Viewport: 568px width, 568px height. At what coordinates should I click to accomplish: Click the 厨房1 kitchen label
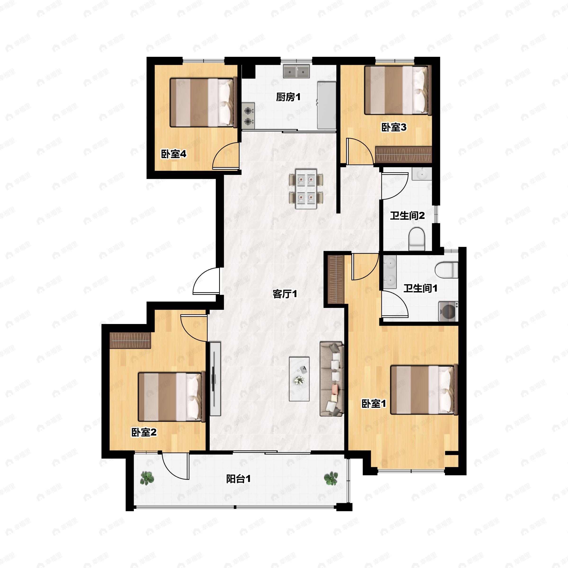pos(288,97)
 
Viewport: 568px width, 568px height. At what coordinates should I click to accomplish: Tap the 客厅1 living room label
pos(284,294)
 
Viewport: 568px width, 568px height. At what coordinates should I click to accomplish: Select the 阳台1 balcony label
pos(238,479)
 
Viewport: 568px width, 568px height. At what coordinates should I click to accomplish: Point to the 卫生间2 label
pos(408,216)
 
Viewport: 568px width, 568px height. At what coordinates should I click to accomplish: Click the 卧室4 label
pos(173,154)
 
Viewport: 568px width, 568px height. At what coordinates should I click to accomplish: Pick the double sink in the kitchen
pos(296,71)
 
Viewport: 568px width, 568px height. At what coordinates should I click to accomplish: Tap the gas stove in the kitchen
pos(248,115)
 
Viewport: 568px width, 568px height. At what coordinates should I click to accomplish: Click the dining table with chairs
pos(306,189)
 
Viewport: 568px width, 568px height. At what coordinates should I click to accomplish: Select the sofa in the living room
pos(332,379)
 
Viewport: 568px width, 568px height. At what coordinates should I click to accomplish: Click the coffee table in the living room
pos(299,379)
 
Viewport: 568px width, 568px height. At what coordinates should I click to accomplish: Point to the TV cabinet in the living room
pos(215,379)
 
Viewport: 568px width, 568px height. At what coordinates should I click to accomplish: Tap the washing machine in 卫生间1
pos(448,312)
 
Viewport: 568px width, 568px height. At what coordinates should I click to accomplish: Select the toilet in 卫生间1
pos(446,270)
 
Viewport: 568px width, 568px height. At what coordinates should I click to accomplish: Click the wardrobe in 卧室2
pos(130,340)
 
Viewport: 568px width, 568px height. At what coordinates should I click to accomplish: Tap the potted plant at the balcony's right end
pos(331,478)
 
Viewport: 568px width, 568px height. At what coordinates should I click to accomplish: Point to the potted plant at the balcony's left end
pos(147,478)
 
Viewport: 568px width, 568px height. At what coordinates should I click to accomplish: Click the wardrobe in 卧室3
pos(403,155)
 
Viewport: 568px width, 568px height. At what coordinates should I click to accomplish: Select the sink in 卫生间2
pos(422,174)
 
